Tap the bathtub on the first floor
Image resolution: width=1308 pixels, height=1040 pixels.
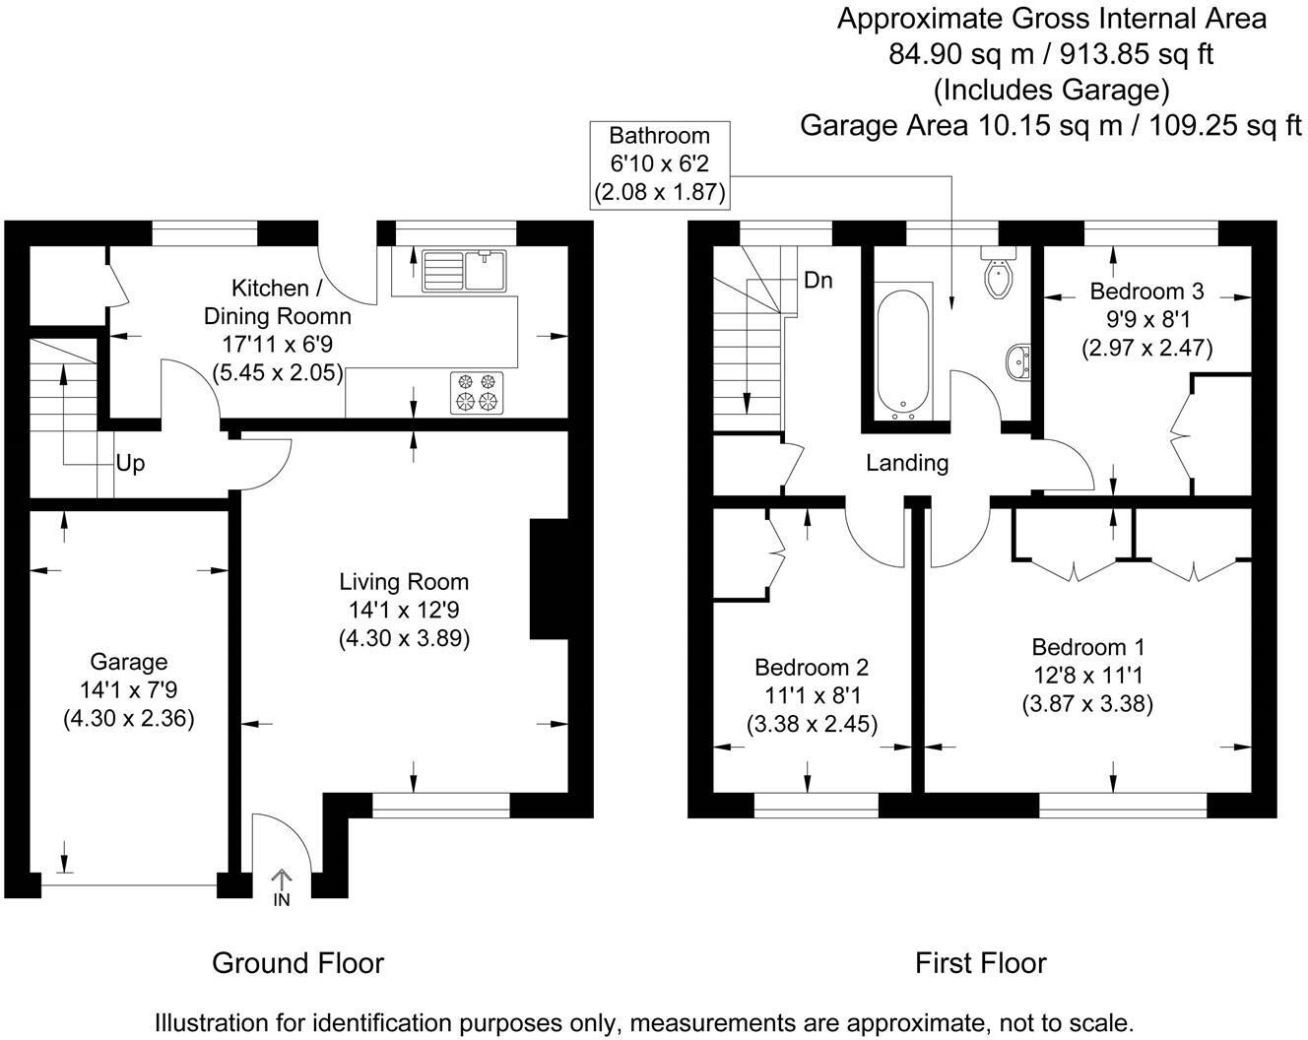pos(903,352)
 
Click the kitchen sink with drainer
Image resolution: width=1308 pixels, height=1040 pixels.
pos(464,271)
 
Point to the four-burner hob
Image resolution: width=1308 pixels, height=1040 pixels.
pos(477,393)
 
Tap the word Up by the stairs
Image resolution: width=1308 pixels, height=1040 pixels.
pos(131,463)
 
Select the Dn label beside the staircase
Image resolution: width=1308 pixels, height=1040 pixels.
pos(818,281)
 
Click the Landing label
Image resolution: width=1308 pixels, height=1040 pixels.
pos(907,463)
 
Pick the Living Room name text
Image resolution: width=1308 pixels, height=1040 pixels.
pos(404,582)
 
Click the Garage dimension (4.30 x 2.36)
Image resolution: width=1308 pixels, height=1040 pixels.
pos(129,719)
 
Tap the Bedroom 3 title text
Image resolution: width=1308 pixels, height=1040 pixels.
pos(1146,292)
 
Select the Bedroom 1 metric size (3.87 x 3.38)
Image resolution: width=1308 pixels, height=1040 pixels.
pos(1088,703)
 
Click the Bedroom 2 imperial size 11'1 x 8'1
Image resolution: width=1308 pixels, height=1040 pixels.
pos(812,694)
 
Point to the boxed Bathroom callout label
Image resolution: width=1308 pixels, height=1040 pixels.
pos(660,164)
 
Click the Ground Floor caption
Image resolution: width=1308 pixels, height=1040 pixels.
pos(297,963)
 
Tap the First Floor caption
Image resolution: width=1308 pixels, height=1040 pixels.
pos(981,963)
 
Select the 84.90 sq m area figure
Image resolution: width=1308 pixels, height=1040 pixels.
pos(961,54)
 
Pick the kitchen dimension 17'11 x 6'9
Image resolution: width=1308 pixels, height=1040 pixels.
pos(278,345)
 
